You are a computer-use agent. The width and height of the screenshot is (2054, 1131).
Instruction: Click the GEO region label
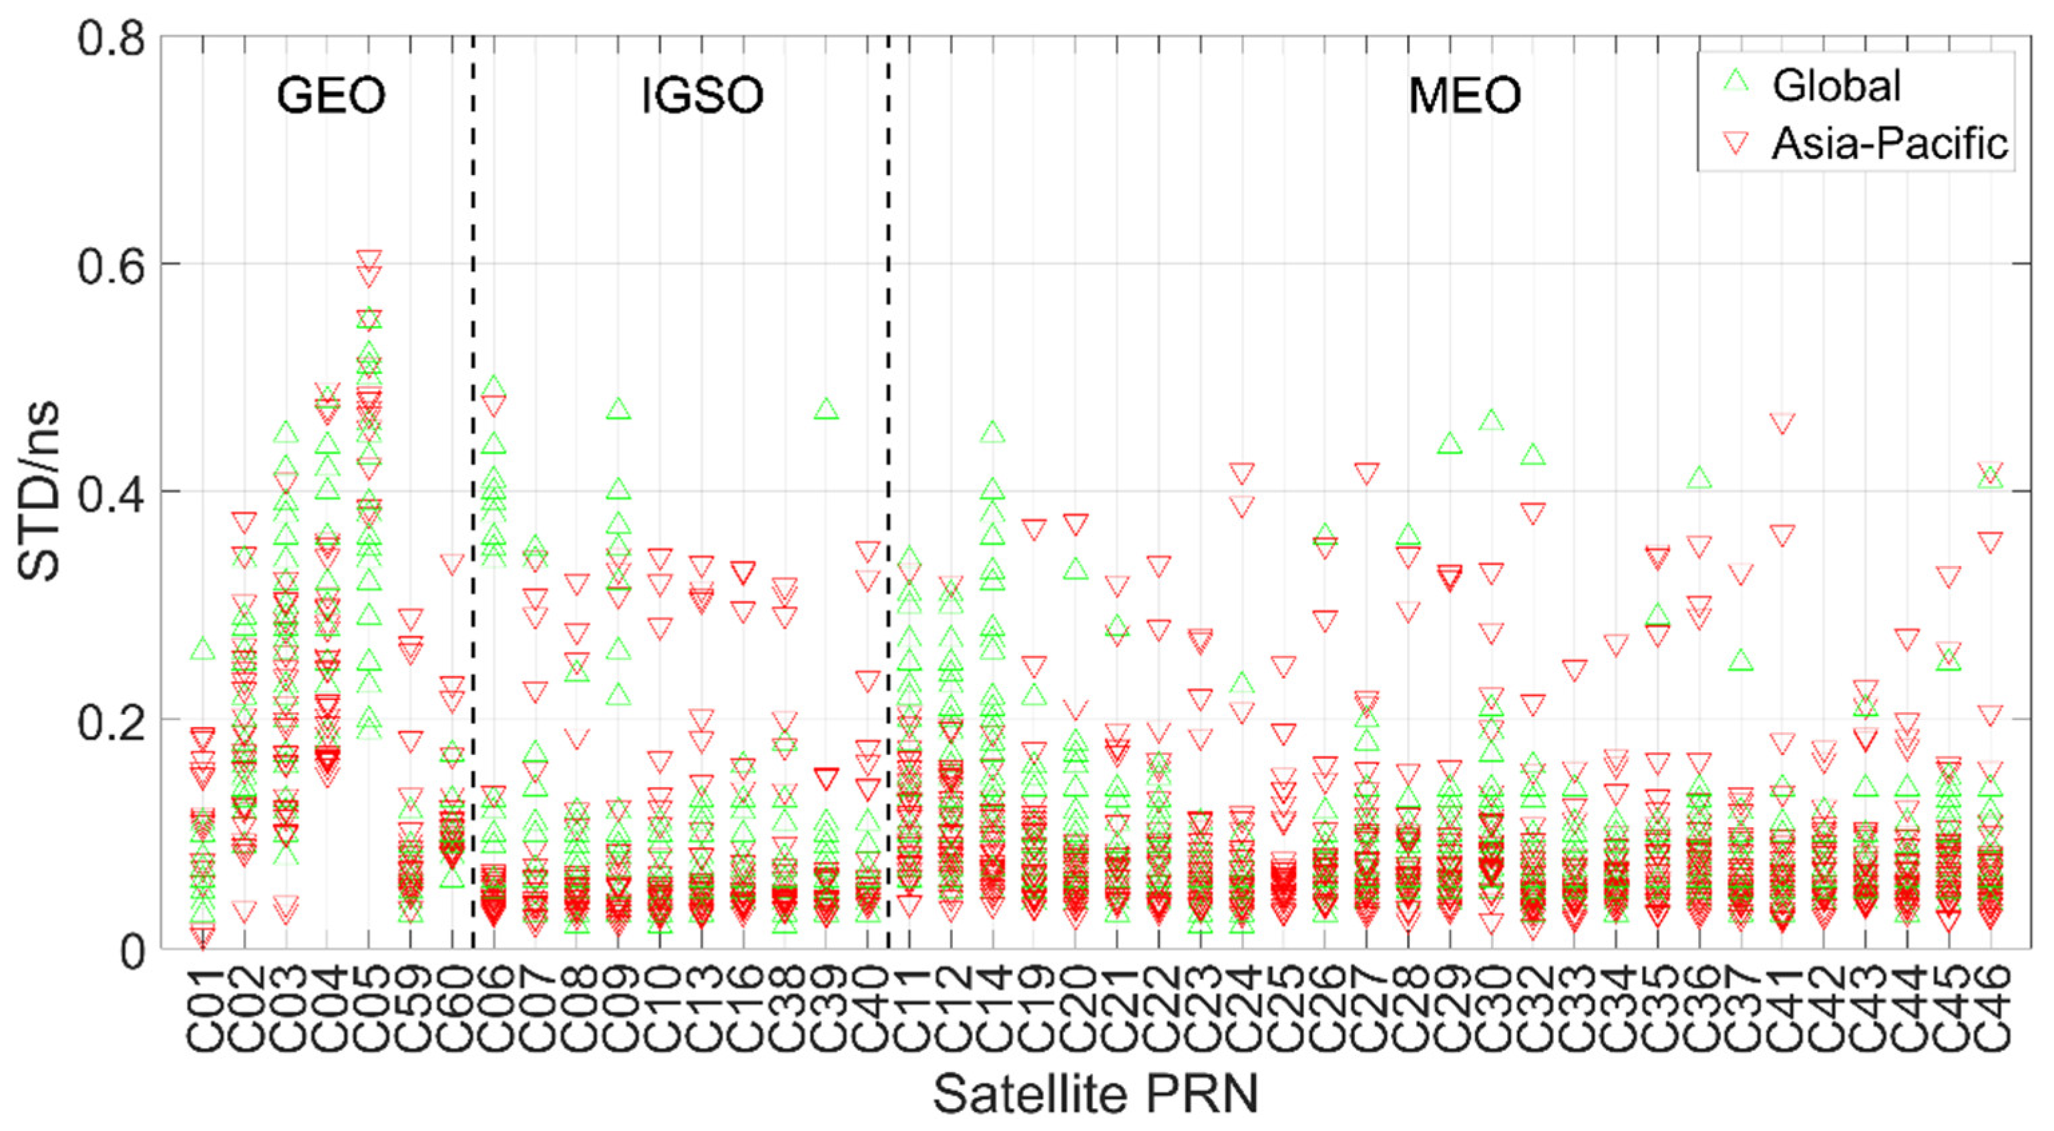[x=331, y=96]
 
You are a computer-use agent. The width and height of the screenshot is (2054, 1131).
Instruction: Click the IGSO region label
[x=702, y=96]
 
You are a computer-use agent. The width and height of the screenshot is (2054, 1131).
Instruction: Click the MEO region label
[x=1465, y=96]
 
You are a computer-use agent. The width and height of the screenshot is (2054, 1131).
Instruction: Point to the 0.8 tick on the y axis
[x=112, y=37]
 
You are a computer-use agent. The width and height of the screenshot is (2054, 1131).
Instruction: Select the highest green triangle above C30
[x=1491, y=420]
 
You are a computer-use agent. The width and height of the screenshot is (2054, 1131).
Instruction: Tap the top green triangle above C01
[x=203, y=649]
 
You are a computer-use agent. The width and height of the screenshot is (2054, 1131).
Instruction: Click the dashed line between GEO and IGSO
[x=473, y=478]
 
